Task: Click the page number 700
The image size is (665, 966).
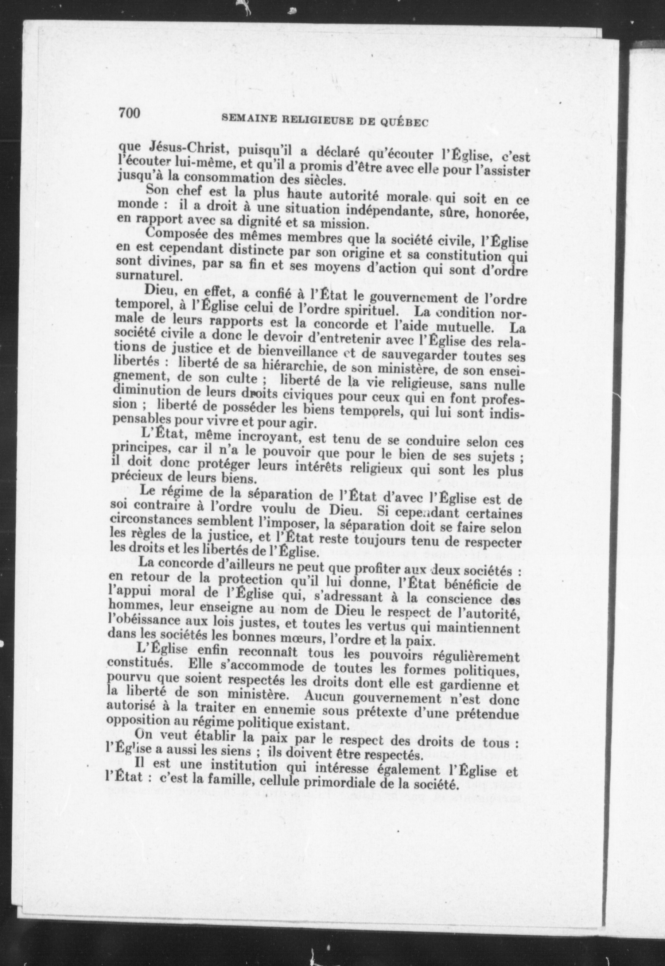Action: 130,113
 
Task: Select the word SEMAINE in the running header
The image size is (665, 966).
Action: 243,119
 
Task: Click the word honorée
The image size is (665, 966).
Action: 504,214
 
